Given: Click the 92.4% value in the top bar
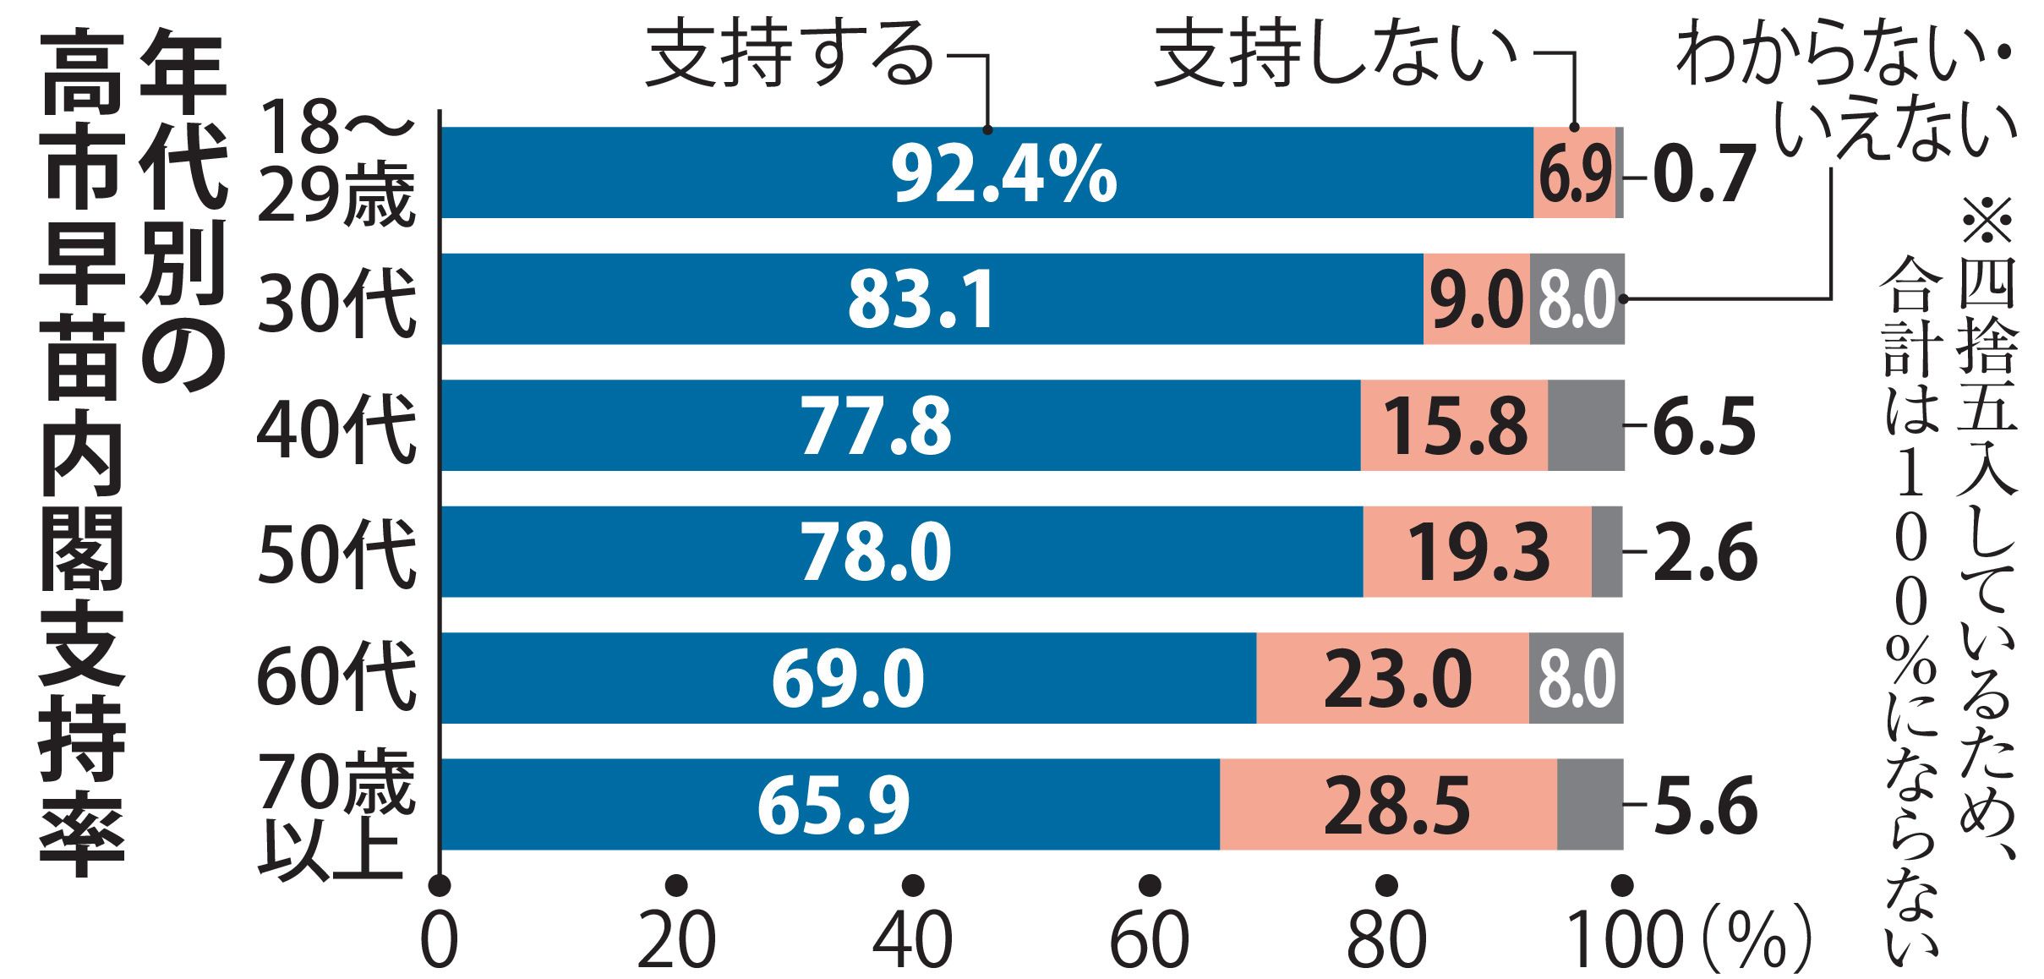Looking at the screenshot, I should [1003, 173].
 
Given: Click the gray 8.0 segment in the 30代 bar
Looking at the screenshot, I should [1577, 300].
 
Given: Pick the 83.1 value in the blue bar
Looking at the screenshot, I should [921, 300].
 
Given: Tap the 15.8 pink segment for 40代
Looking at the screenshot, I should [1454, 425].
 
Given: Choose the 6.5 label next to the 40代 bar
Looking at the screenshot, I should [1702, 425].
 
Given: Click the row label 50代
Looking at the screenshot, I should [337, 553].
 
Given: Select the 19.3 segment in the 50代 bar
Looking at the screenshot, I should [1478, 553].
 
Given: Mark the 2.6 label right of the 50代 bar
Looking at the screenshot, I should [1704, 553].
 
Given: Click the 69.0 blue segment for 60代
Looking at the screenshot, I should [848, 678].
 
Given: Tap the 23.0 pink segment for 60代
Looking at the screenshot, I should [1396, 678].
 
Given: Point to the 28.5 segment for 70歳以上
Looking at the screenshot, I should [1396, 805].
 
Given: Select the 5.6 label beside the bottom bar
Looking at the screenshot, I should [1704, 805].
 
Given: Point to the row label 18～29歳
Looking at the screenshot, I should [337, 162].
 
